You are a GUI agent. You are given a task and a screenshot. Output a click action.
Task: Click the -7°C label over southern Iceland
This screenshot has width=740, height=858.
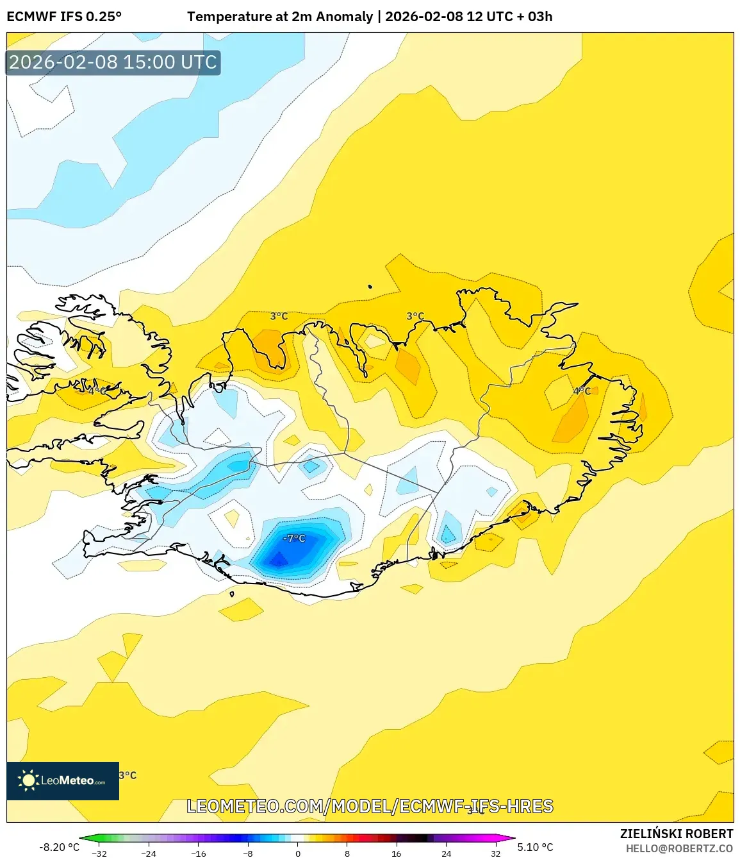(294, 538)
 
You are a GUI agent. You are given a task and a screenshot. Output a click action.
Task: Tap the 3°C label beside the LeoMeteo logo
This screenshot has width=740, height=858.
(128, 775)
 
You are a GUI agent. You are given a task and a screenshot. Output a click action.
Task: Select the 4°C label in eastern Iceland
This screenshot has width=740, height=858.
(582, 391)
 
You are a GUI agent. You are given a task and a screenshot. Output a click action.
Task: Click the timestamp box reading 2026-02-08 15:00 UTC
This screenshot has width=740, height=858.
(113, 62)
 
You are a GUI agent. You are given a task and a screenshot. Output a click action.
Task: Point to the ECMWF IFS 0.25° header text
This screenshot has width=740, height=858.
(64, 17)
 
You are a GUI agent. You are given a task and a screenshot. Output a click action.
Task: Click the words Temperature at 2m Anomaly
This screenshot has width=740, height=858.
(279, 17)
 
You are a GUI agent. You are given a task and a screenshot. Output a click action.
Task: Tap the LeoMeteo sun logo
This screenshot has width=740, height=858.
(29, 780)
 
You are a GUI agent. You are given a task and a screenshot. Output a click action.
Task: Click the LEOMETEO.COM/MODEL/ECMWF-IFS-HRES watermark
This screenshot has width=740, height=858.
(370, 806)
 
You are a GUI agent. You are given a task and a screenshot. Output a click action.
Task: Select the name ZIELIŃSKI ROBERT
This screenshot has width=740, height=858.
(676, 834)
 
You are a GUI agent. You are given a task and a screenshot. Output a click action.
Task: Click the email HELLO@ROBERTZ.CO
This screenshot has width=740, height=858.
(679, 848)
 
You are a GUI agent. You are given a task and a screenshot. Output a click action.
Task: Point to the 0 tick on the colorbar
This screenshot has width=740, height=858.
(297, 854)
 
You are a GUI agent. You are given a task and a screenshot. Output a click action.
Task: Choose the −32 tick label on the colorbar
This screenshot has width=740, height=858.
(99, 854)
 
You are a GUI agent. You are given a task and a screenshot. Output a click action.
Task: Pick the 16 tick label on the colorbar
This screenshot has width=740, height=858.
(397, 854)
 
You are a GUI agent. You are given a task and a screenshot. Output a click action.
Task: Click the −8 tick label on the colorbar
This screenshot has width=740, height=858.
(248, 854)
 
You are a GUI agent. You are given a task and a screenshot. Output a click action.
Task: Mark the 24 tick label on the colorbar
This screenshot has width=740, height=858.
(446, 854)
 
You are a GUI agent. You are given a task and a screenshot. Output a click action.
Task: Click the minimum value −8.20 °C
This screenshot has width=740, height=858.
(59, 847)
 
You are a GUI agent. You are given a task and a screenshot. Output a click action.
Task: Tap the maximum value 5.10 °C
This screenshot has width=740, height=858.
(535, 847)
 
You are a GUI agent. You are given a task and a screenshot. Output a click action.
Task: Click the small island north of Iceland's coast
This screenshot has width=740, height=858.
(370, 287)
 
